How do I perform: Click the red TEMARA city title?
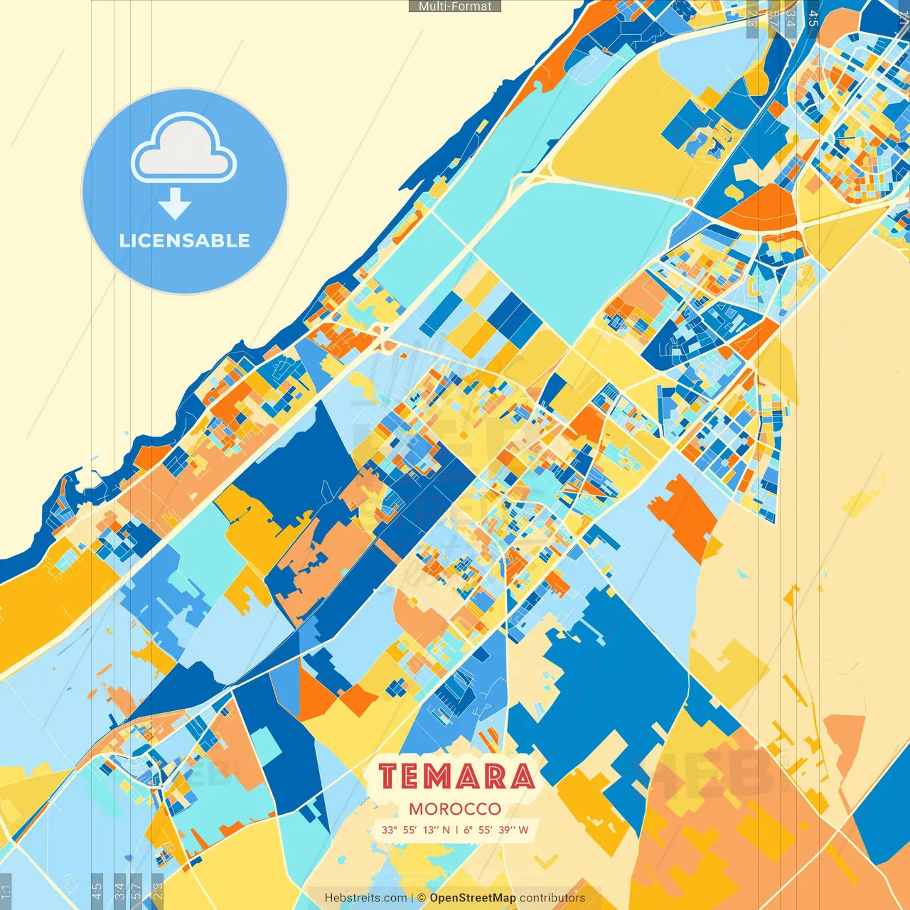point(456,776)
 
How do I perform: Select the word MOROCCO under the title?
point(455,809)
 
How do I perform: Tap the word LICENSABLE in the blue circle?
point(185,240)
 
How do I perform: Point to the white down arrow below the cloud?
point(175,204)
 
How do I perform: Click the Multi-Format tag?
point(455,6)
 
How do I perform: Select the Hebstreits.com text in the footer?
point(365,898)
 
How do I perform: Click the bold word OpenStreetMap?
point(473,898)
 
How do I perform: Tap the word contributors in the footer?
point(552,898)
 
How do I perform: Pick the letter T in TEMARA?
point(388,776)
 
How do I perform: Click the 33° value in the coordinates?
point(389,830)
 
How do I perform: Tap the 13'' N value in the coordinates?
point(436,830)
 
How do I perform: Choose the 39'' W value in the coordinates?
point(514,830)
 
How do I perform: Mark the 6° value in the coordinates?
point(468,830)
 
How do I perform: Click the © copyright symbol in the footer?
point(422,898)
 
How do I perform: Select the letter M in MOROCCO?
point(416,809)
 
